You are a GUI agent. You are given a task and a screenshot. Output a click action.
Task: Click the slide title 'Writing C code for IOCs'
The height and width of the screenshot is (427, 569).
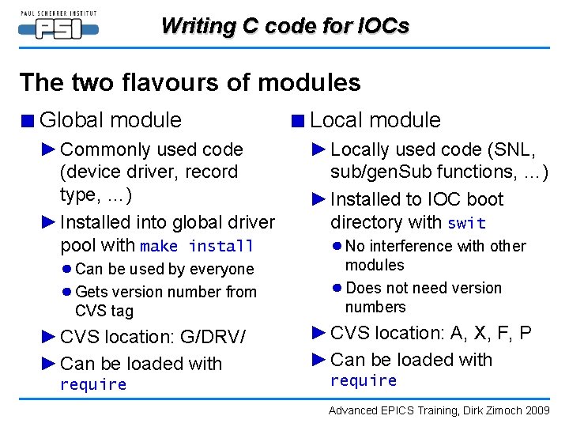[284, 26]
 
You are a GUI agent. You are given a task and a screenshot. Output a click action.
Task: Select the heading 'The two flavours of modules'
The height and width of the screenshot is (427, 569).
[190, 82]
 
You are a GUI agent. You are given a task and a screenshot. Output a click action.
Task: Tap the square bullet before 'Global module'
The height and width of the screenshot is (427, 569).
[28, 121]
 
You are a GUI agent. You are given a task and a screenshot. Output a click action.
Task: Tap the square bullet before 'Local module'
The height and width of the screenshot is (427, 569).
[297, 121]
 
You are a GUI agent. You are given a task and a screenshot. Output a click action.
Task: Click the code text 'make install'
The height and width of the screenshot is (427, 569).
[197, 247]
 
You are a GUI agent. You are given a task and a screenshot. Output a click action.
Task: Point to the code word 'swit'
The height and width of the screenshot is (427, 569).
[466, 224]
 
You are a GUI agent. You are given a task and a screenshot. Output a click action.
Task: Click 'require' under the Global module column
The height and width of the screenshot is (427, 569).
[93, 385]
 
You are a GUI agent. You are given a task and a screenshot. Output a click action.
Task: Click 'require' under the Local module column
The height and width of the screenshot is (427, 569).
[364, 381]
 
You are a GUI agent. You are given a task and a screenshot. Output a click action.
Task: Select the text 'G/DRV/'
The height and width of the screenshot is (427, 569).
[213, 338]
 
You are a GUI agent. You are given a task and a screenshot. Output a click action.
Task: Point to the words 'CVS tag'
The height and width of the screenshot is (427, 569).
[104, 312]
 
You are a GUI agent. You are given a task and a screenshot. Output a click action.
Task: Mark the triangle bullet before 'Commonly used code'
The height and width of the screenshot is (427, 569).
[49, 149]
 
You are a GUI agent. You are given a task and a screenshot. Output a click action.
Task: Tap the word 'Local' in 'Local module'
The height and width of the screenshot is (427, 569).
[336, 120]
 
